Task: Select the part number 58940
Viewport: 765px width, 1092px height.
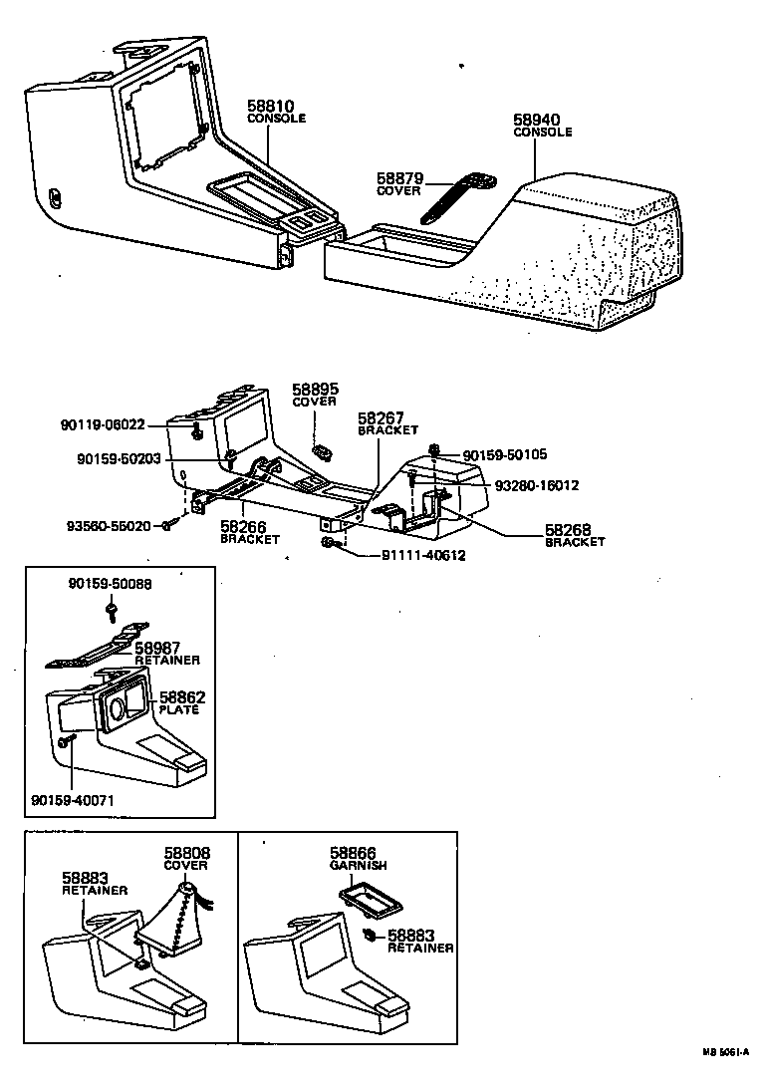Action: pos(536,120)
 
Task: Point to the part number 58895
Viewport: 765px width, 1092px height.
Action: pos(314,389)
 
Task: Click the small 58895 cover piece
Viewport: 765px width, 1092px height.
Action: pos(323,452)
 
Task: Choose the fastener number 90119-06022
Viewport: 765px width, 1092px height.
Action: pos(102,424)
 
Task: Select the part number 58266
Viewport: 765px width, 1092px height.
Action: pos(242,527)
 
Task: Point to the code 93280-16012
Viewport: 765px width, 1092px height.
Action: pos(537,485)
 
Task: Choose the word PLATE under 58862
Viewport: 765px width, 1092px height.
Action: pos(179,710)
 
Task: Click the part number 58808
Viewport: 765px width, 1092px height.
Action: pos(186,854)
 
